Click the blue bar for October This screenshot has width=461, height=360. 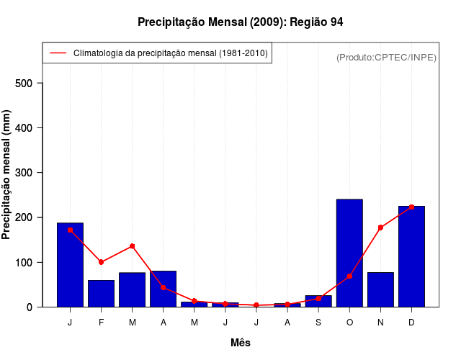(x=349, y=253)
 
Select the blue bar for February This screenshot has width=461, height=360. (x=101, y=293)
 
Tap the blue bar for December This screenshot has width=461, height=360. (x=411, y=256)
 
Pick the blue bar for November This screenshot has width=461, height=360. (x=380, y=289)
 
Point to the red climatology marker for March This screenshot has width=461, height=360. (x=133, y=246)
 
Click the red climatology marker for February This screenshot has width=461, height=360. (x=101, y=262)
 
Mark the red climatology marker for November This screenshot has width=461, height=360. (x=380, y=228)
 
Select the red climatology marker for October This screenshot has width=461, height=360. (x=349, y=276)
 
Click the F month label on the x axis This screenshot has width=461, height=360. (x=101, y=323)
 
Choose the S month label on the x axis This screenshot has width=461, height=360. (x=318, y=323)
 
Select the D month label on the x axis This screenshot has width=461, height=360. (x=411, y=323)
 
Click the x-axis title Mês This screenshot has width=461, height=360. (x=241, y=343)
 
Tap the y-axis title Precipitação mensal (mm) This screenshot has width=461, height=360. (x=7, y=179)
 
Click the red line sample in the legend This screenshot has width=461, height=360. (x=58, y=53)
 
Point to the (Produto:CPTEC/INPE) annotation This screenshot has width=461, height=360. (x=386, y=57)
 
